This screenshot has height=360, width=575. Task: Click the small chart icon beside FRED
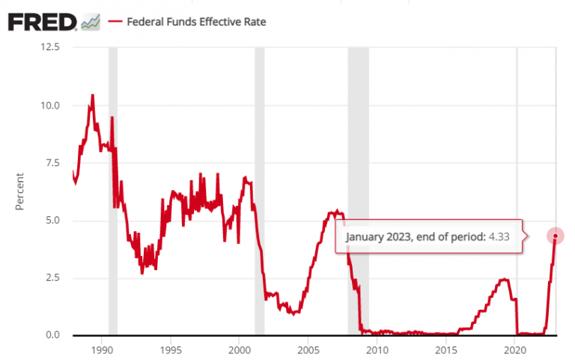pyautogui.click(x=91, y=22)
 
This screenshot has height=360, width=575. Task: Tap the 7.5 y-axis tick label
pyautogui.click(x=52, y=162)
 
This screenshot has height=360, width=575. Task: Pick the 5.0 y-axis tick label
pyautogui.click(x=52, y=220)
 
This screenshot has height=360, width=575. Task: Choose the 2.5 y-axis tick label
pyautogui.click(x=52, y=278)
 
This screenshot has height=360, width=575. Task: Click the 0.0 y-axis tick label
pyautogui.click(x=52, y=335)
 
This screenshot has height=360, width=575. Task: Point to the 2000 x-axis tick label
pyautogui.click(x=239, y=349)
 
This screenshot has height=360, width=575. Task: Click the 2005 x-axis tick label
pyautogui.click(x=308, y=349)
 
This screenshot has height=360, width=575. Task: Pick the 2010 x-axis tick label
pyautogui.click(x=377, y=349)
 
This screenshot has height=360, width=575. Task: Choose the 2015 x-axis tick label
pyautogui.click(x=446, y=349)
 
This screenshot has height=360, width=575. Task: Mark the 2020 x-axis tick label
pyautogui.click(x=515, y=349)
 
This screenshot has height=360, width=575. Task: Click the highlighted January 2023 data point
pyautogui.click(x=556, y=236)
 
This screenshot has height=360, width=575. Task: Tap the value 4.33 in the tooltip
pyautogui.click(x=499, y=237)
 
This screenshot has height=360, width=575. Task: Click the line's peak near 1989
pyautogui.click(x=92, y=95)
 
